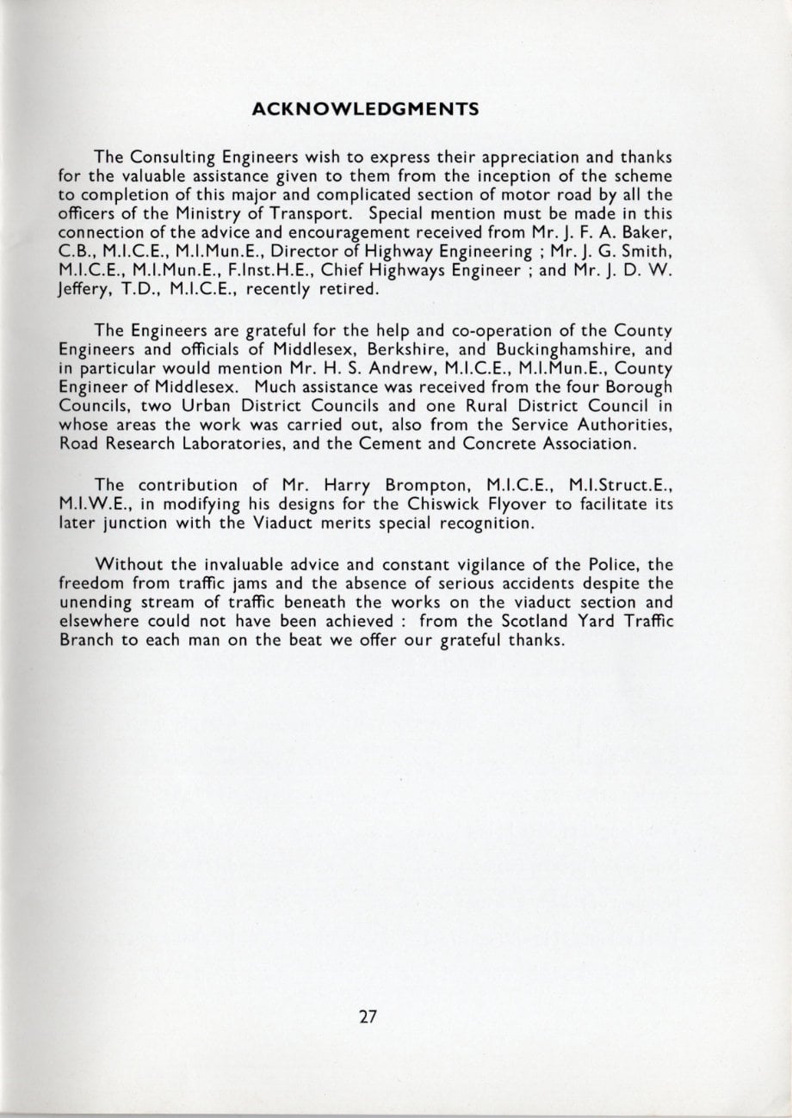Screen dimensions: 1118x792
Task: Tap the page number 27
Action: click(368, 1016)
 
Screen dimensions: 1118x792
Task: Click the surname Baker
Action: click(647, 232)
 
